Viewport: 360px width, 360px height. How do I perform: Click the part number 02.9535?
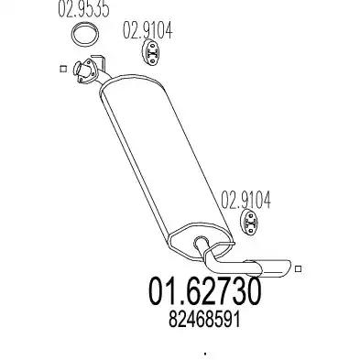click(x=83, y=9)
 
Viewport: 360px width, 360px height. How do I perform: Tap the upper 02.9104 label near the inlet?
click(x=147, y=30)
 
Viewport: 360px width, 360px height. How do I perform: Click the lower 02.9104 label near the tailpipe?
click(x=245, y=200)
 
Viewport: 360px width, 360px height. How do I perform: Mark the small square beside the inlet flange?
click(x=63, y=69)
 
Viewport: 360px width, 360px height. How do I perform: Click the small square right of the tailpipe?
click(x=299, y=268)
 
